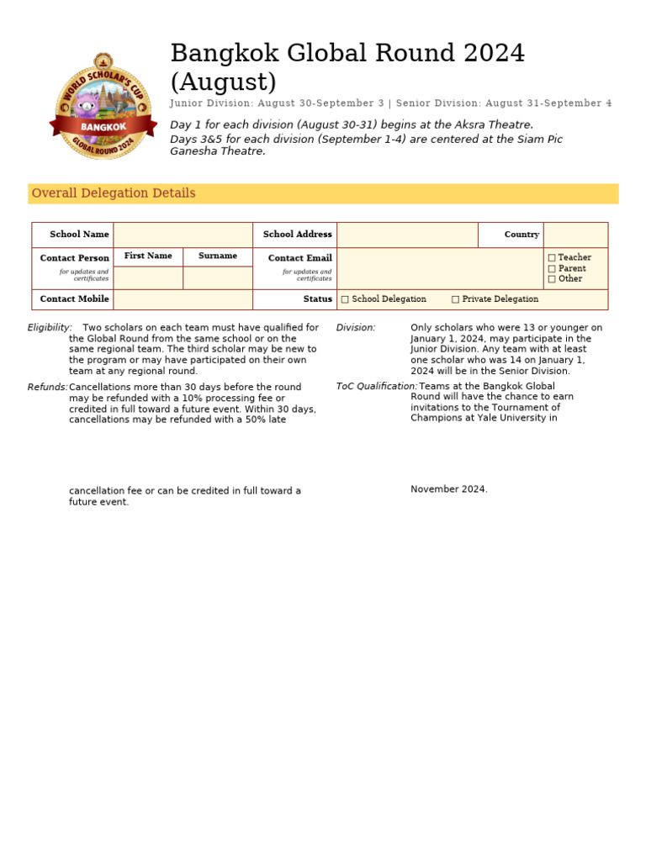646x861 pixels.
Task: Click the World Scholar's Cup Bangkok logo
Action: (x=103, y=106)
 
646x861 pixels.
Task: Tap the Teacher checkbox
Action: (x=552, y=258)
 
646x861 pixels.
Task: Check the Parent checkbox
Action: (x=552, y=269)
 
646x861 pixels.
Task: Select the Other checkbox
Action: (x=552, y=279)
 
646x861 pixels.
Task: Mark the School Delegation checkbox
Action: (x=345, y=299)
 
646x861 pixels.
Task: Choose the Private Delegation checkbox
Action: (x=455, y=299)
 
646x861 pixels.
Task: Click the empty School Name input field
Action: (x=183, y=235)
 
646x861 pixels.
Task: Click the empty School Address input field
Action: (x=407, y=235)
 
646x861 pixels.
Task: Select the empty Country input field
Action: (x=575, y=235)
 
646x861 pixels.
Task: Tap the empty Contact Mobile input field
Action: (x=183, y=299)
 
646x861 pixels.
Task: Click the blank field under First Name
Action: (x=148, y=277)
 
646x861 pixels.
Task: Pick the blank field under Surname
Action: (x=217, y=277)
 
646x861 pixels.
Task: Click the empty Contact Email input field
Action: (x=440, y=268)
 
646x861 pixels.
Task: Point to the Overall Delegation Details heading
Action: (x=114, y=193)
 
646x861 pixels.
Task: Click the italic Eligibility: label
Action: (x=50, y=328)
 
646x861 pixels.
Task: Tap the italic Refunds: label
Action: (x=47, y=388)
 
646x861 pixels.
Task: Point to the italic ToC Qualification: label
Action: (x=376, y=387)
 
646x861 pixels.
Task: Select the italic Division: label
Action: (x=356, y=328)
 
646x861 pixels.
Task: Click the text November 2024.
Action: (x=448, y=489)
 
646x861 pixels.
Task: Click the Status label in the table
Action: (x=318, y=299)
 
